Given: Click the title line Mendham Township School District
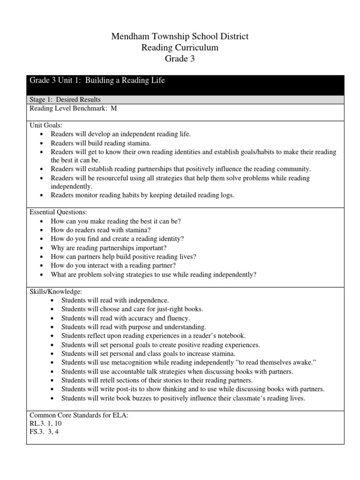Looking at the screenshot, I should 180,36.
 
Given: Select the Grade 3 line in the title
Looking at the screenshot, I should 180,59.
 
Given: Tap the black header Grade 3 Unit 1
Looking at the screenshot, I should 97,81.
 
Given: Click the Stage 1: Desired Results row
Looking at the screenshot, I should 65,99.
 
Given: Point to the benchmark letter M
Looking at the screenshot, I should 113,108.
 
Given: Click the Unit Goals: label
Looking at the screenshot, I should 46,125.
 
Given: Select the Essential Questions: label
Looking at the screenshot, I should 59,212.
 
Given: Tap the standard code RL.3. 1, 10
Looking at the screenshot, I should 46,423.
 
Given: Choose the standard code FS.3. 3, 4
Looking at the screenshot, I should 44,432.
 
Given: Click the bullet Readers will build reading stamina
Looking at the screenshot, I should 101,143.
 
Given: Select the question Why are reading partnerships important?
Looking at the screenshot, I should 109,247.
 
